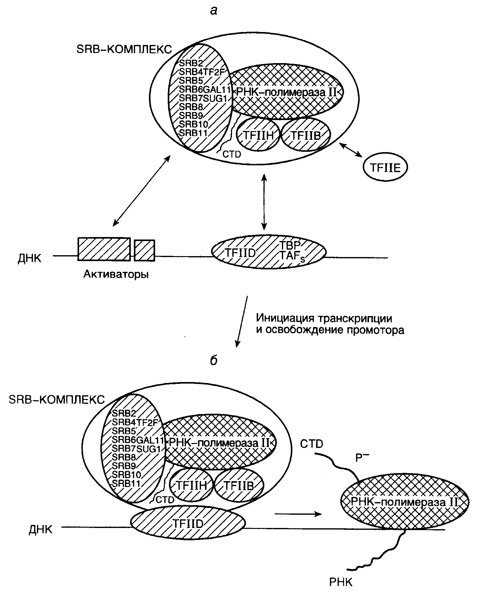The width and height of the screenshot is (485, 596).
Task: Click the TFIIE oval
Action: [385, 168]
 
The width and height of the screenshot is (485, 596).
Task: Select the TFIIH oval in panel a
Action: [258, 135]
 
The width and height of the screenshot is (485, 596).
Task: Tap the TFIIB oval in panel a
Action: [306, 135]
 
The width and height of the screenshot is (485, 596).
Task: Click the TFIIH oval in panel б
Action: [191, 485]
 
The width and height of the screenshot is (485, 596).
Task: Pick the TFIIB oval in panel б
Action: [239, 485]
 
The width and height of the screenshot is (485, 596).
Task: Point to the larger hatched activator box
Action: [104, 249]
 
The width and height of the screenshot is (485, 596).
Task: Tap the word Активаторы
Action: [116, 274]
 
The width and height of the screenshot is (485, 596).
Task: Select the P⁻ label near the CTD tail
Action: [362, 458]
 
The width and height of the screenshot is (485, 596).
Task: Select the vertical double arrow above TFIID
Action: [264, 202]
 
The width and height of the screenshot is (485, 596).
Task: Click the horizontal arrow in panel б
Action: [298, 513]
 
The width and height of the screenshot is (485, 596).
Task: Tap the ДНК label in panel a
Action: [30, 258]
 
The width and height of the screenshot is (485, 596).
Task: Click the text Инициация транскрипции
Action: [324, 317]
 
